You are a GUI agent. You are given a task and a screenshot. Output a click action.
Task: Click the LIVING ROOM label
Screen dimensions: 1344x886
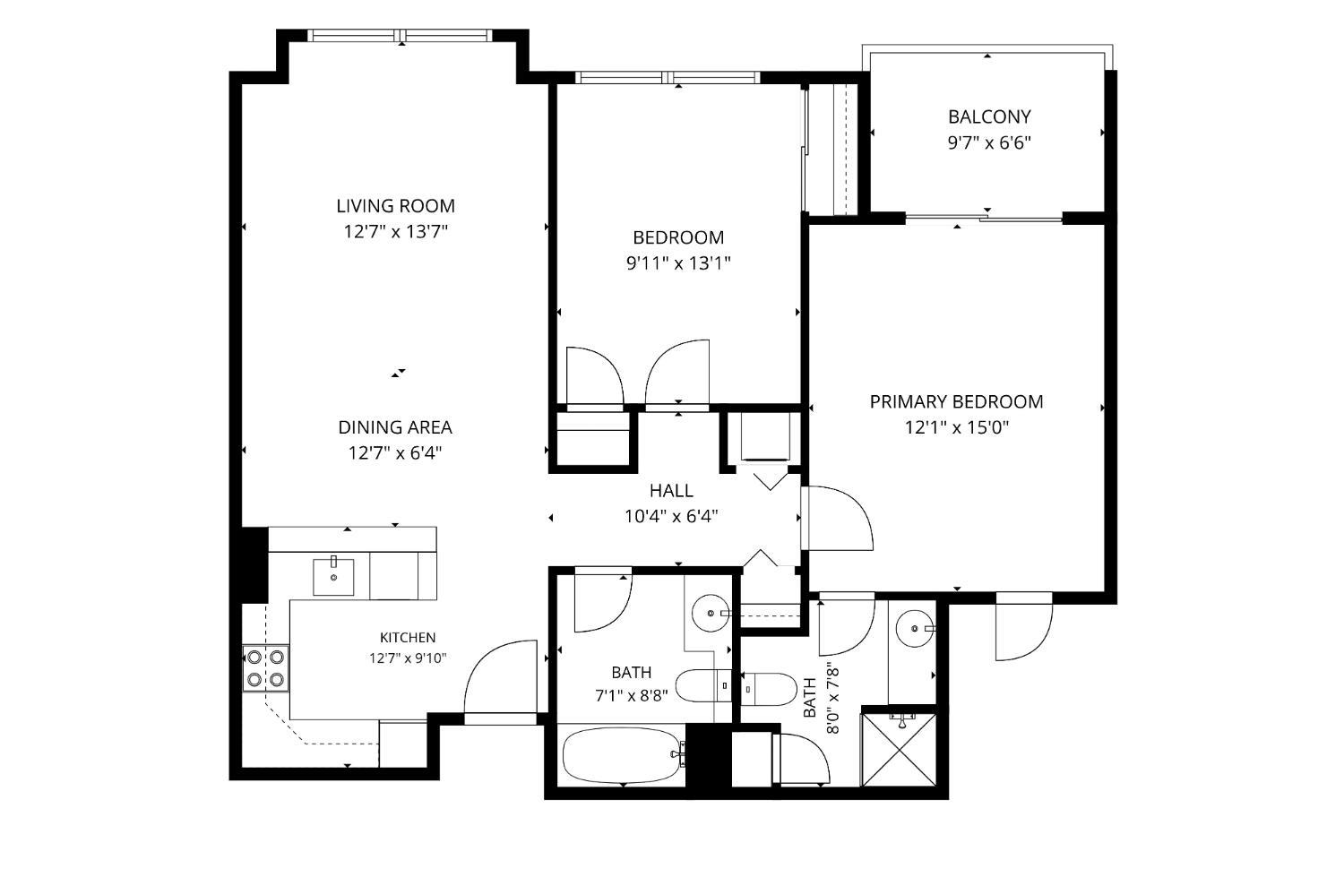(x=395, y=206)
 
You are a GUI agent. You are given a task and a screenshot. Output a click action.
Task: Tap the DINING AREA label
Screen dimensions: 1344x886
(x=395, y=427)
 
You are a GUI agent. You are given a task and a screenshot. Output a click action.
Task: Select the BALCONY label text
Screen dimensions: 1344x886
(x=989, y=116)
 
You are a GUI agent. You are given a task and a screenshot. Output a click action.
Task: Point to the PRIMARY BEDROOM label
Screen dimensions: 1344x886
(x=956, y=401)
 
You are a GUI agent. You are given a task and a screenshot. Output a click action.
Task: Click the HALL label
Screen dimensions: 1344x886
(x=671, y=491)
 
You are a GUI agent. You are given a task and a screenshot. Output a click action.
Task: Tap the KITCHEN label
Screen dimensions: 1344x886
(x=408, y=637)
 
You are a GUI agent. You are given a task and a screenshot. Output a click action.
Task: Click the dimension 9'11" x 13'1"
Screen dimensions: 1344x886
(x=678, y=263)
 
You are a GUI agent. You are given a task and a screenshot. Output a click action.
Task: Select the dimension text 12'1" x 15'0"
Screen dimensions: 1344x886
(x=957, y=427)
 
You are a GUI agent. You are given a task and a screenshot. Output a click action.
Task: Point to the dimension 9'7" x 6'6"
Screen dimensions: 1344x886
(x=989, y=142)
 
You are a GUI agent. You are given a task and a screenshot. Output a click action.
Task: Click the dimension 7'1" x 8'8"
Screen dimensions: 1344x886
(x=631, y=696)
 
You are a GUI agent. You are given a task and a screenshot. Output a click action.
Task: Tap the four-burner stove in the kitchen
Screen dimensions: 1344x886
(x=266, y=668)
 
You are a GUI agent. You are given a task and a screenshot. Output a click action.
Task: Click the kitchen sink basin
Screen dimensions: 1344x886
(x=333, y=576)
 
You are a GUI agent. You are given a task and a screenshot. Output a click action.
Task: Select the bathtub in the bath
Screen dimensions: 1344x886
(x=624, y=755)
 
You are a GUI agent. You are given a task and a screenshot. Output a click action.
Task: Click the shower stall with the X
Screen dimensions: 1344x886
(x=899, y=749)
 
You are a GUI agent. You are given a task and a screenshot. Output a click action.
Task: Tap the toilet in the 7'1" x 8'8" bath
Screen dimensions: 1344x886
(x=703, y=685)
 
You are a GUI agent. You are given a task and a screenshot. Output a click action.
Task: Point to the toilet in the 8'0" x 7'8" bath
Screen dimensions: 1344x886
(x=769, y=689)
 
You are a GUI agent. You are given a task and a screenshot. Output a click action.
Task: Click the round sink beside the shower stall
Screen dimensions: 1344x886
(x=915, y=629)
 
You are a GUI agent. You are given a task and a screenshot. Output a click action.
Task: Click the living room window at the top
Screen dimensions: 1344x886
(x=401, y=36)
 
